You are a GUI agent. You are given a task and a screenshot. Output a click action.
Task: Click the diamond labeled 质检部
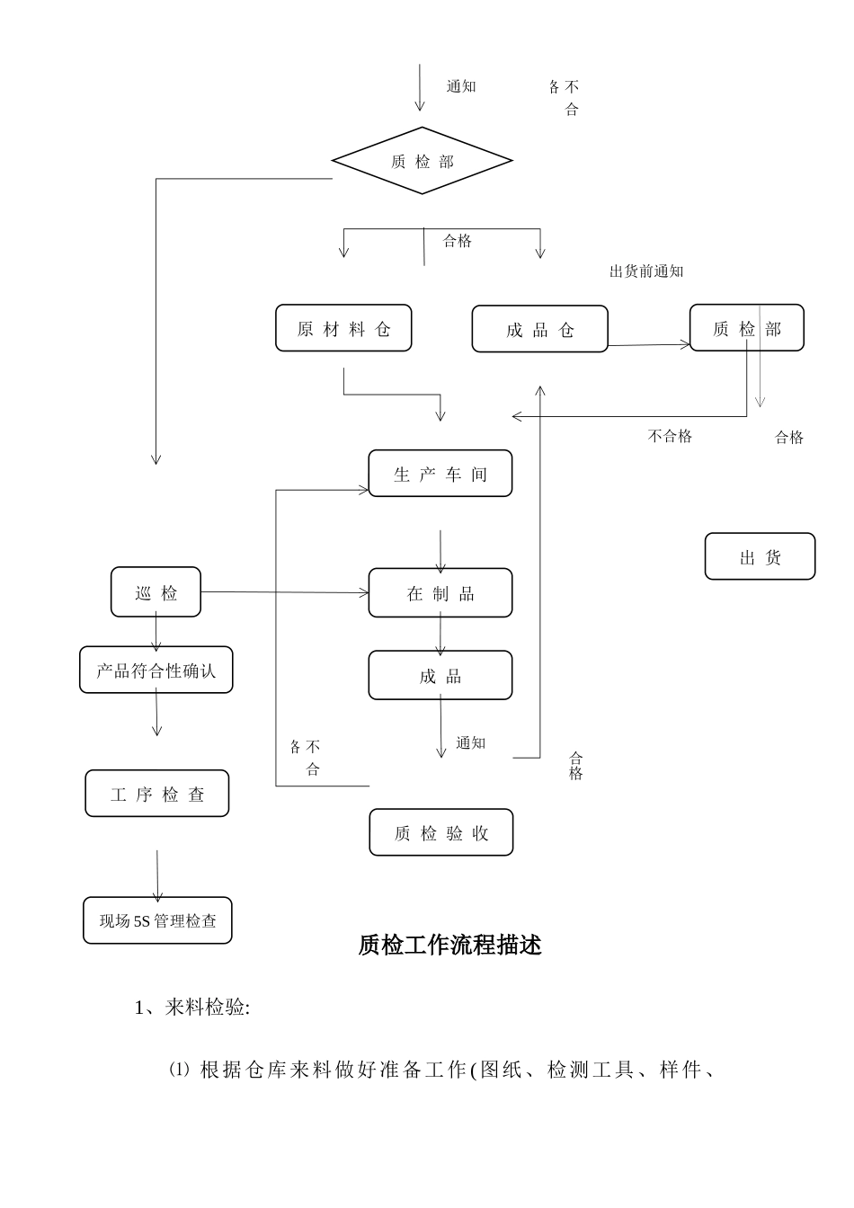(422, 162)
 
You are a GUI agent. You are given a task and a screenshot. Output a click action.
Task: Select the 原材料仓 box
(343, 329)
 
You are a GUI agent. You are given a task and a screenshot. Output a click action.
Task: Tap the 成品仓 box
(539, 330)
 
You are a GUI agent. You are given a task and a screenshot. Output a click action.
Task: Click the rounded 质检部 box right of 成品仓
(746, 329)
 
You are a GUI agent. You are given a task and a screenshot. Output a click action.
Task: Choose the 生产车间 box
(440, 475)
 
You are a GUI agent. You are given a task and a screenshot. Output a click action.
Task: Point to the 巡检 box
(156, 593)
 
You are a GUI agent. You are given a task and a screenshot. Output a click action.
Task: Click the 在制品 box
(440, 593)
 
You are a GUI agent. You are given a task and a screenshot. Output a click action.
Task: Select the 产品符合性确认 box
(156, 671)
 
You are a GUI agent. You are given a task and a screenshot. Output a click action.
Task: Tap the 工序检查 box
(157, 795)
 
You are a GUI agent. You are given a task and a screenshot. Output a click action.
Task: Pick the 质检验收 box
(440, 833)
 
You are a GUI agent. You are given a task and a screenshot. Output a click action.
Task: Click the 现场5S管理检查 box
(157, 921)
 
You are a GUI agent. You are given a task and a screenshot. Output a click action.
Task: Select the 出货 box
(760, 557)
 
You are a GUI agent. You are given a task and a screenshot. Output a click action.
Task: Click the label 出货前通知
(646, 271)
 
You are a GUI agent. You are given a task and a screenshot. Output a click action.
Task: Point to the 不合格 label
(670, 437)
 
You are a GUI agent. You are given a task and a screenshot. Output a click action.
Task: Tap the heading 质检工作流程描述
(449, 946)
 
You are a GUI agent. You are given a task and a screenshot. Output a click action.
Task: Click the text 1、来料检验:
(192, 1008)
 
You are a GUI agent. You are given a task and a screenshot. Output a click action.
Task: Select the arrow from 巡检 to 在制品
(285, 592)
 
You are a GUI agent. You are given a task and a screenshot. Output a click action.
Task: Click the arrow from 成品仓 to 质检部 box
(648, 345)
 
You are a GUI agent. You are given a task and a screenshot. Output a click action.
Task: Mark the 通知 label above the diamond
(461, 87)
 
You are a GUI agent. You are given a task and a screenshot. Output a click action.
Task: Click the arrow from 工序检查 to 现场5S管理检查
(157, 875)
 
